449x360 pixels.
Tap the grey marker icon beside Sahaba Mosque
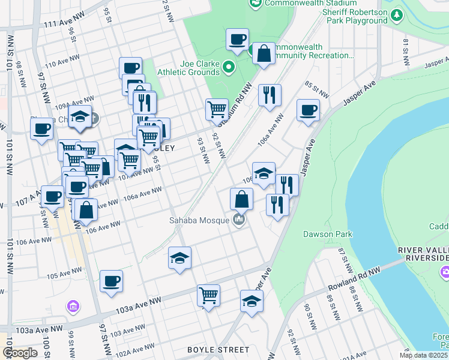pyautogui.click(x=240, y=220)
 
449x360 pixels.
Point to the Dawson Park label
pyautogui.click(x=327, y=234)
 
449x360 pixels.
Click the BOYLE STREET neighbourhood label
pyautogui.click(x=218, y=349)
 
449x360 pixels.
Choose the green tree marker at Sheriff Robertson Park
pyautogui.click(x=397, y=14)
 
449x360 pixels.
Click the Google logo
pyautogui.click(x=20, y=353)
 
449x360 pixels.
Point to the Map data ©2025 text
pyautogui.click(x=424, y=355)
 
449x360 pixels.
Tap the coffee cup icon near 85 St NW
pyautogui.click(x=308, y=110)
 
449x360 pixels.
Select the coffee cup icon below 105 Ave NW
pyautogui.click(x=111, y=281)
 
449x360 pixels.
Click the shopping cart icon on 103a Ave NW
pyautogui.click(x=208, y=295)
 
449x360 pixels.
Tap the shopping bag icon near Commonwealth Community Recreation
pyautogui.click(x=264, y=53)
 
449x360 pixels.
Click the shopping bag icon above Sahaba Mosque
pyautogui.click(x=241, y=199)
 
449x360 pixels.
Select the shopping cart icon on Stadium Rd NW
pyautogui.click(x=217, y=110)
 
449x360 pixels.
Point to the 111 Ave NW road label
pyautogui.click(x=62, y=23)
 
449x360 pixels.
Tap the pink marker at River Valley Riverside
pyautogui.click(x=445, y=274)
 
